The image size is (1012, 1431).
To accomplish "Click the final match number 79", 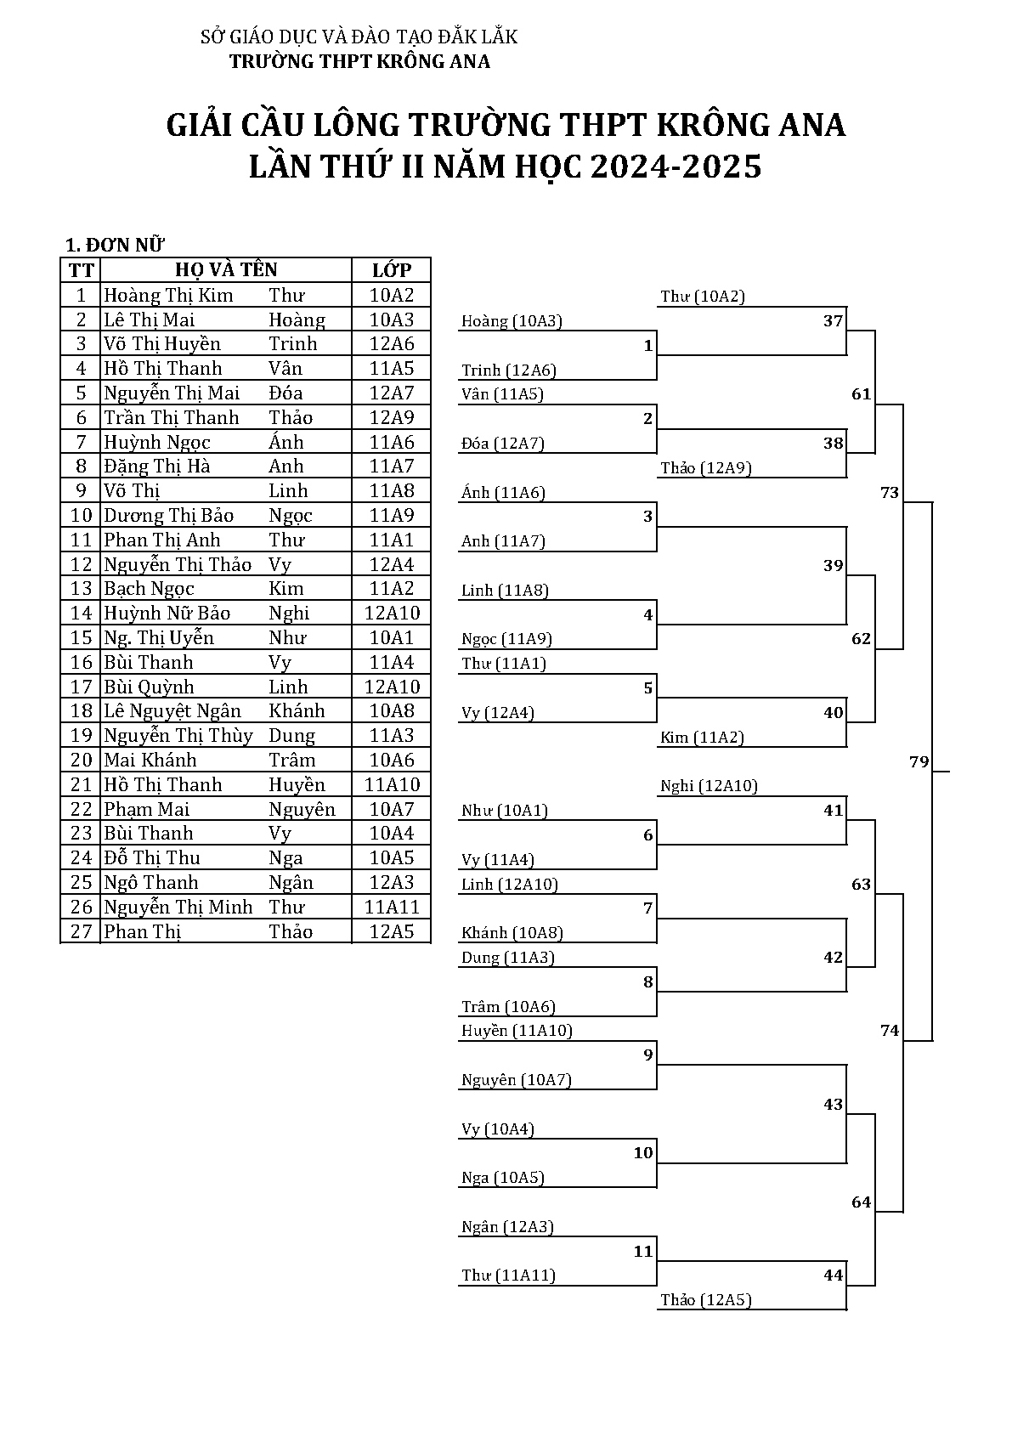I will click(x=919, y=761).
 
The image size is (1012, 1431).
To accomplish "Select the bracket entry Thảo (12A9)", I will click(x=705, y=468).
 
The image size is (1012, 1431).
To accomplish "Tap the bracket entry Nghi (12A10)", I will click(x=709, y=786).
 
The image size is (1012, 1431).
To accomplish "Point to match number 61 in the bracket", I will click(x=861, y=394).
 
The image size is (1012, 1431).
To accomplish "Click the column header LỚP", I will click(x=392, y=270).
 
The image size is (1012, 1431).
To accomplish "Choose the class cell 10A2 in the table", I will click(x=392, y=296).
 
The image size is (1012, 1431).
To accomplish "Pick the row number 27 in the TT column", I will click(x=81, y=931).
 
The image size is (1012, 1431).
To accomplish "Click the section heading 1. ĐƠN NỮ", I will click(x=115, y=246).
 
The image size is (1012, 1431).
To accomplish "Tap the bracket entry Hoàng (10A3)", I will click(x=512, y=321).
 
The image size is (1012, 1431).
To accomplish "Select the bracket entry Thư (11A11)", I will click(x=508, y=1275).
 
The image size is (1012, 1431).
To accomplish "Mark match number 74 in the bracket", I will click(x=889, y=1031).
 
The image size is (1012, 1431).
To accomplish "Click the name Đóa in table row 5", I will click(x=286, y=393).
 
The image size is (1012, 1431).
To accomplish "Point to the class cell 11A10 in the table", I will click(x=392, y=785).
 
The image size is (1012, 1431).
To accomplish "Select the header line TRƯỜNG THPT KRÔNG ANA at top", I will click(x=359, y=61).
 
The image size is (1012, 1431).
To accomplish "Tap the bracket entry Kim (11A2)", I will click(x=702, y=738).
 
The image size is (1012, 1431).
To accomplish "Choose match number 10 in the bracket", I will click(x=642, y=1153).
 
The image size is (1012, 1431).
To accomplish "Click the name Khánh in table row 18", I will click(x=297, y=711).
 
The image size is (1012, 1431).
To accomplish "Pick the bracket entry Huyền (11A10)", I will click(x=517, y=1031).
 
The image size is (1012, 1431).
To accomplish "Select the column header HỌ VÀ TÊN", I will click(x=226, y=270).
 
